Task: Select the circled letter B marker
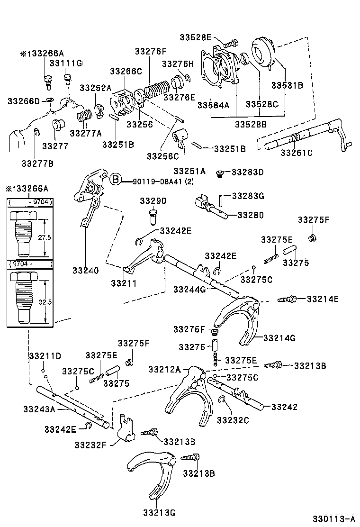(x=115, y=180)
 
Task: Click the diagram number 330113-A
(x=333, y=518)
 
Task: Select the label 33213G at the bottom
(x=159, y=511)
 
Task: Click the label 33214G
(x=279, y=338)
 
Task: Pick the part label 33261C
(x=297, y=152)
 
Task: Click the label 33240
(x=85, y=271)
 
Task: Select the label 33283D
(x=247, y=172)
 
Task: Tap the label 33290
(x=153, y=201)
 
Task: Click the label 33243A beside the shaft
(x=39, y=409)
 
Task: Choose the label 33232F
(x=91, y=444)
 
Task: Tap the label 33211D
(x=45, y=356)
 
